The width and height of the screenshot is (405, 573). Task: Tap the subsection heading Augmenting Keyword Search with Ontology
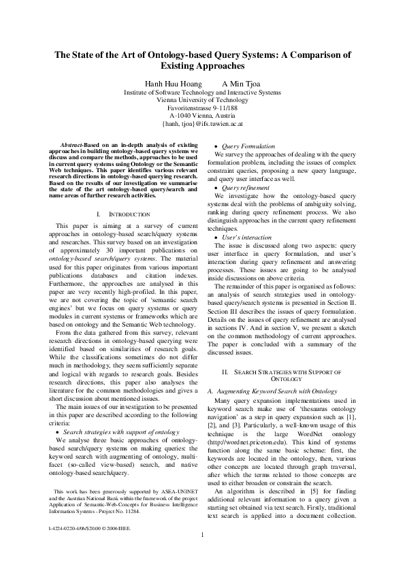tap(272, 391)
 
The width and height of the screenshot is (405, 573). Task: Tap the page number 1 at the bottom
tap(202, 552)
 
